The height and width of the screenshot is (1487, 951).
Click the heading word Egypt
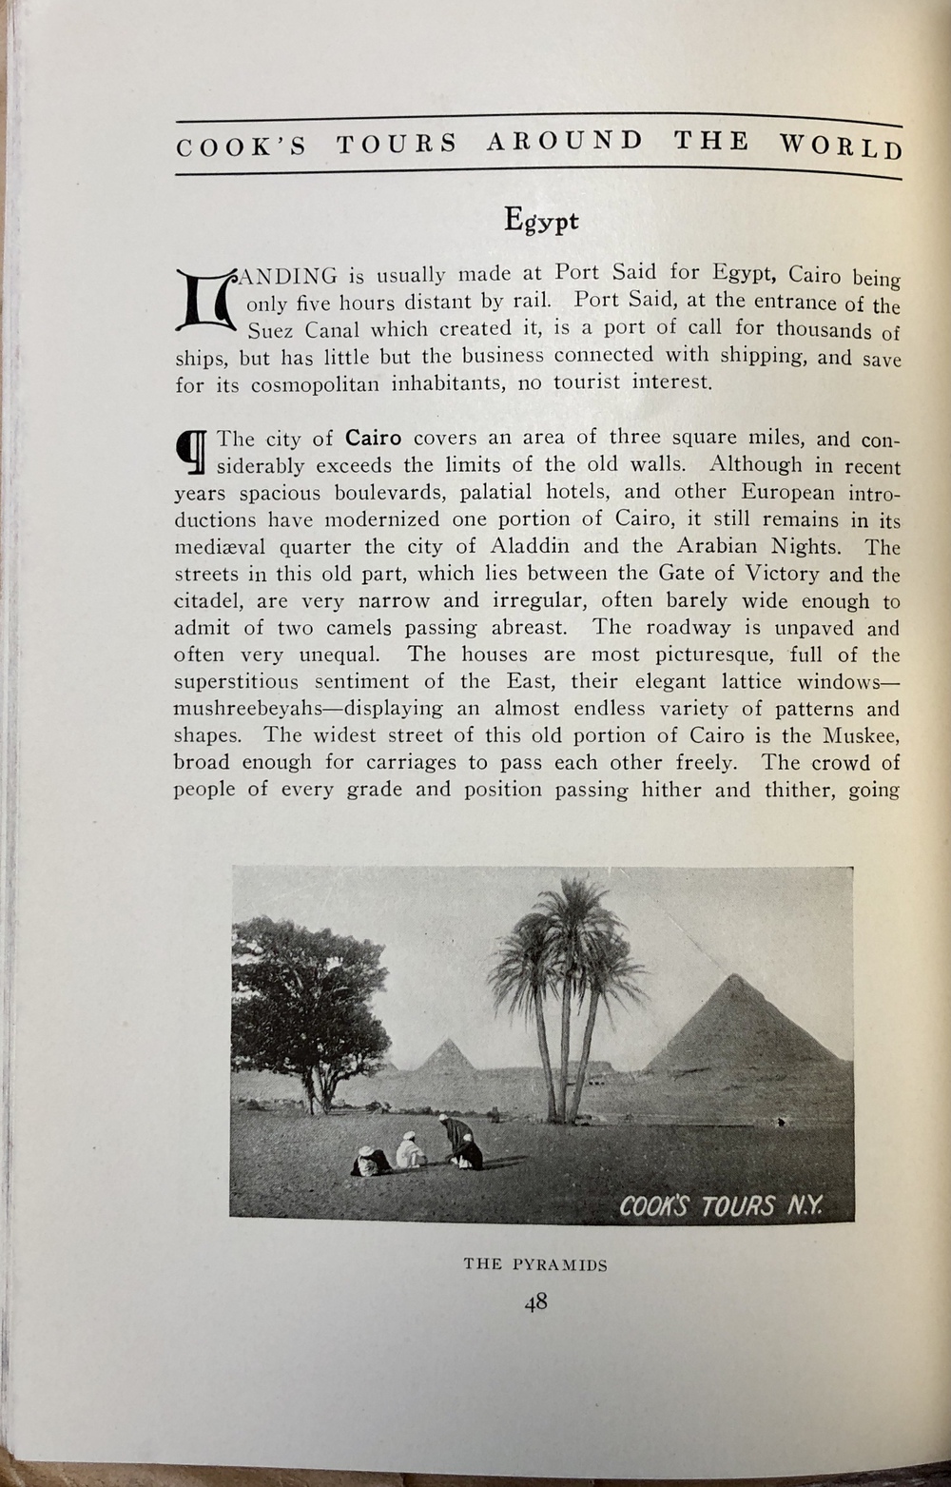tap(541, 221)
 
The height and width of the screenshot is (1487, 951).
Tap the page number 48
tap(534, 1302)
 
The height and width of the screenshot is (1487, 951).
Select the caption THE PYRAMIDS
tap(534, 1265)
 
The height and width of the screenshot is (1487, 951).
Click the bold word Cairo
tap(373, 439)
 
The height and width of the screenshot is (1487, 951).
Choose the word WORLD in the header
tap(841, 147)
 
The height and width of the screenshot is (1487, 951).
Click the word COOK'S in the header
tap(242, 147)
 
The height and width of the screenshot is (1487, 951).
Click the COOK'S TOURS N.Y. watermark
tap(720, 1206)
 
